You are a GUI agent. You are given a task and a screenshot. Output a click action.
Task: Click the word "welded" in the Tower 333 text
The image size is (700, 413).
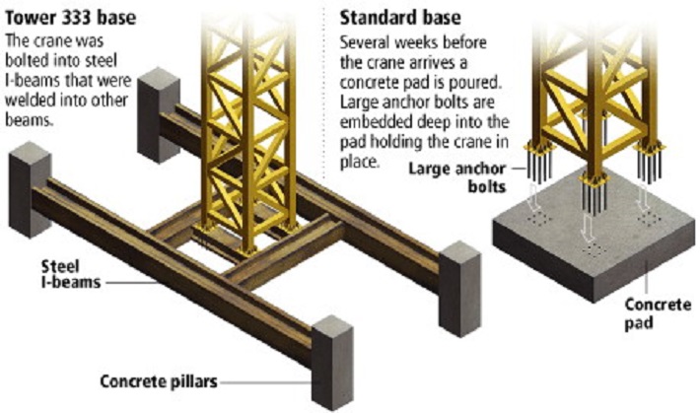click(x=34, y=105)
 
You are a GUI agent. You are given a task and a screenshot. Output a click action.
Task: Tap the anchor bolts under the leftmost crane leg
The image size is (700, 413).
click(x=541, y=163)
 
